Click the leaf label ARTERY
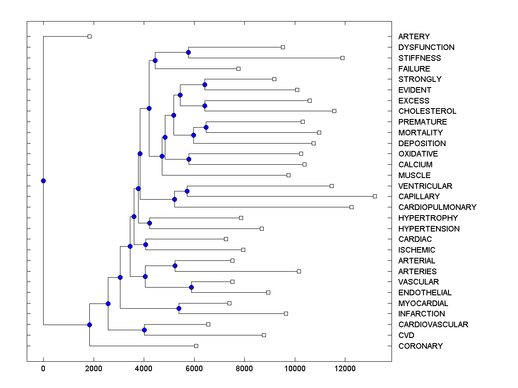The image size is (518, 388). click(x=414, y=37)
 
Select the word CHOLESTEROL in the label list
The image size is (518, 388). click(x=427, y=111)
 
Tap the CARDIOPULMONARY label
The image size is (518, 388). click(x=437, y=207)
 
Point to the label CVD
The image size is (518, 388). click(x=407, y=335)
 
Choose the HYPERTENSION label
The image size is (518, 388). click(x=429, y=229)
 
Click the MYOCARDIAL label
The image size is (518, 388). click(x=423, y=304)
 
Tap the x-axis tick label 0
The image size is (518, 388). click(x=43, y=368)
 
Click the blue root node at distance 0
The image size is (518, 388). click(x=43, y=181)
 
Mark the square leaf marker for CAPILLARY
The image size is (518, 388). click(x=375, y=196)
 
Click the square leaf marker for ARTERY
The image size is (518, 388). click(x=89, y=36)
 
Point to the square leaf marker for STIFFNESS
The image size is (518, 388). click(x=342, y=58)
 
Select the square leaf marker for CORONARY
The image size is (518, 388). click(x=196, y=346)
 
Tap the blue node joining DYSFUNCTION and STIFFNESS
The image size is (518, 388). click(x=188, y=52)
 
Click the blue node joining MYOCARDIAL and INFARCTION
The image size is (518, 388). click(x=179, y=308)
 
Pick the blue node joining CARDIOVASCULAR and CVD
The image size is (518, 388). click(x=144, y=330)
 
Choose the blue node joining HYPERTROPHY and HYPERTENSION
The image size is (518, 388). click(x=149, y=223)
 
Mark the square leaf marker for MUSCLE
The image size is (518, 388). click(x=288, y=175)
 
